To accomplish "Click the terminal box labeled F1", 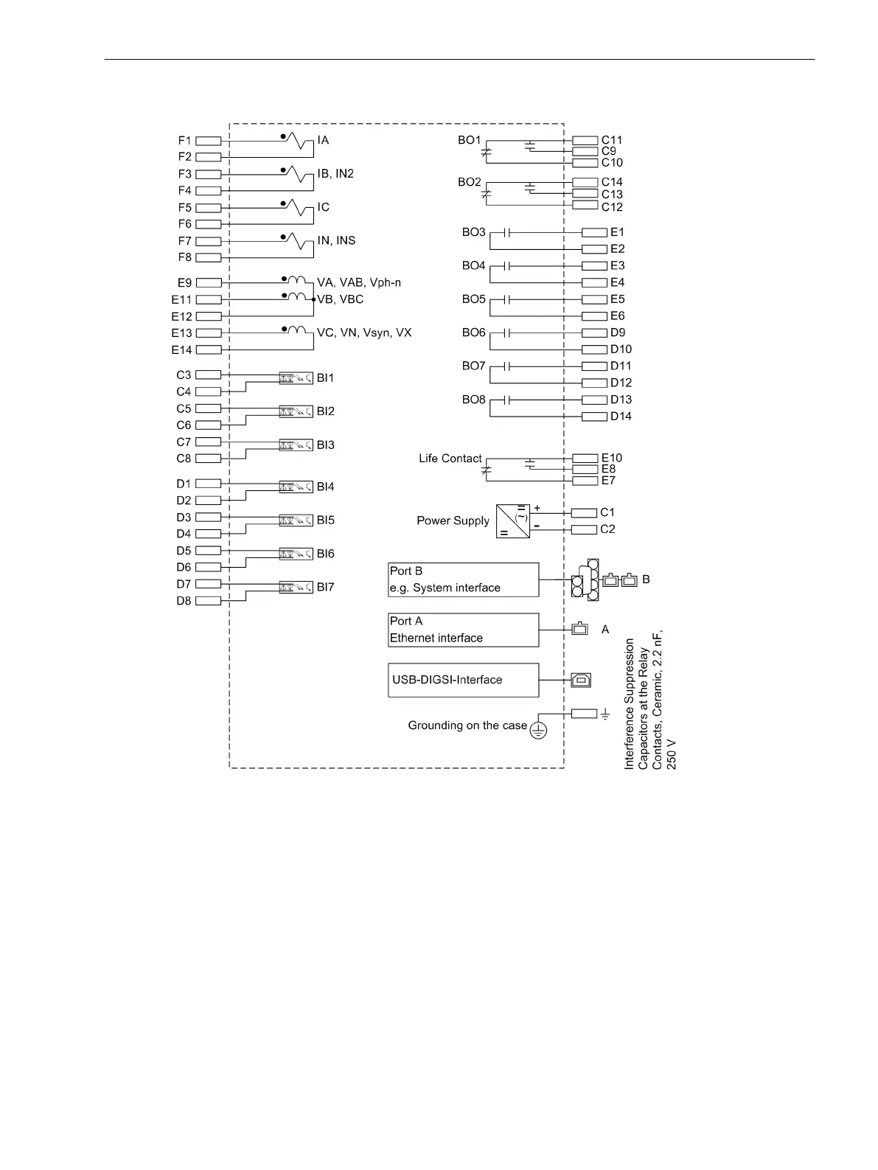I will coord(209,141).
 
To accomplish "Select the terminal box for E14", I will coord(209,350).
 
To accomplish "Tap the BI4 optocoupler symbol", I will coord(296,487).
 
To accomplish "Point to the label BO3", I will coord(473,232).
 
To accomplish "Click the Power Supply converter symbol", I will coord(512,520).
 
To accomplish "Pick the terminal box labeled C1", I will coord(585,512).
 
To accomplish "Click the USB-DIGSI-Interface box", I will coord(463,680).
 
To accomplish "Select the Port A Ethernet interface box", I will coord(463,630).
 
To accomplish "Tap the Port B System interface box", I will coord(463,579).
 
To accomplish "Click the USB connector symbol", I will coord(581,680).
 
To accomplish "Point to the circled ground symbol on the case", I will coord(539,731).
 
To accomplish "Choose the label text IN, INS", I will coord(336,241).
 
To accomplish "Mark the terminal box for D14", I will coord(594,417).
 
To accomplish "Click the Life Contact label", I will coord(450,459).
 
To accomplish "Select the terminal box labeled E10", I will coord(585,459).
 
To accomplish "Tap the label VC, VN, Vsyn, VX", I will coord(364,333).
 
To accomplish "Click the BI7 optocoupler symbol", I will coord(296,588).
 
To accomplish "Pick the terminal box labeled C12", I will coord(585,205).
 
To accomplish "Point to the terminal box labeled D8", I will coord(209,601).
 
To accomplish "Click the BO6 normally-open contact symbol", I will coord(506,333).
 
